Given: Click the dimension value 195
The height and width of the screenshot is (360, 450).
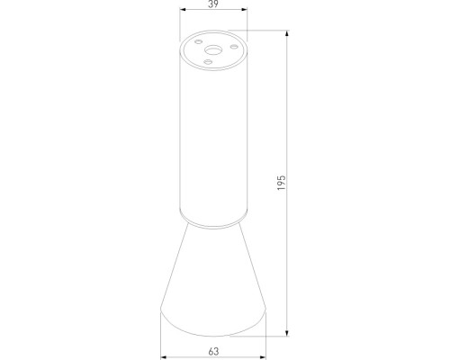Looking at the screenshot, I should pyautogui.click(x=282, y=184).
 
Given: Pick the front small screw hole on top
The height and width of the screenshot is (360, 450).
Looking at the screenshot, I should pyautogui.click(x=209, y=62).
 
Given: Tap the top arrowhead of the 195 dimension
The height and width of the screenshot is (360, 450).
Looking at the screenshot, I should pyautogui.click(x=289, y=34).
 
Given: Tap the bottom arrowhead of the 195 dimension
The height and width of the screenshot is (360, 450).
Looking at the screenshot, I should pyautogui.click(x=289, y=332).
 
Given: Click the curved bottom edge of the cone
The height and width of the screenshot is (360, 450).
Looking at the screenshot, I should pyautogui.click(x=212, y=331).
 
